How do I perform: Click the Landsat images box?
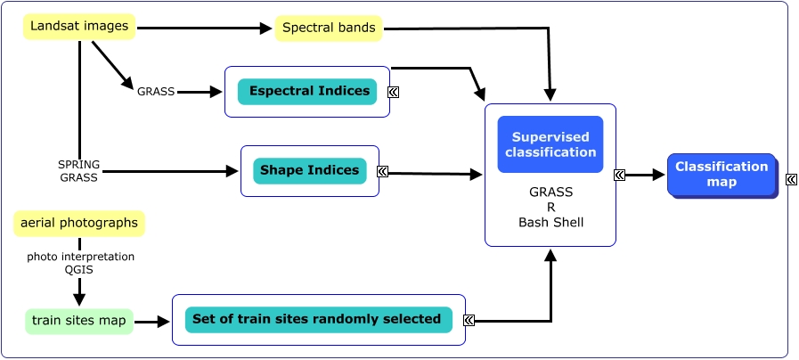tap(79, 27)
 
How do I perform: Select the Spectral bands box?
tap(329, 29)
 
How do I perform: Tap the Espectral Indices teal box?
tap(307, 91)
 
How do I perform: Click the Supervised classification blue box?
tap(550, 144)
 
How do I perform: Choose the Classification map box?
tap(721, 174)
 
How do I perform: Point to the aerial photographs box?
tap(79, 223)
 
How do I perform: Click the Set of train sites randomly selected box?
tap(318, 319)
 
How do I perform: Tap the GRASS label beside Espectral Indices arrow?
tap(156, 91)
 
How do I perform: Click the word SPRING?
tap(78, 165)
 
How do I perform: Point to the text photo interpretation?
tap(80, 257)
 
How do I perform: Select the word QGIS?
tap(79, 270)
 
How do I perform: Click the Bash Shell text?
tap(550, 222)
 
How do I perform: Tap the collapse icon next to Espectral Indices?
tap(393, 91)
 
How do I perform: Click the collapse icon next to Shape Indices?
tap(382, 171)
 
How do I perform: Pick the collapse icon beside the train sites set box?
tap(469, 320)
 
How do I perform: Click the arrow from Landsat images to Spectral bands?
tap(205, 29)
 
